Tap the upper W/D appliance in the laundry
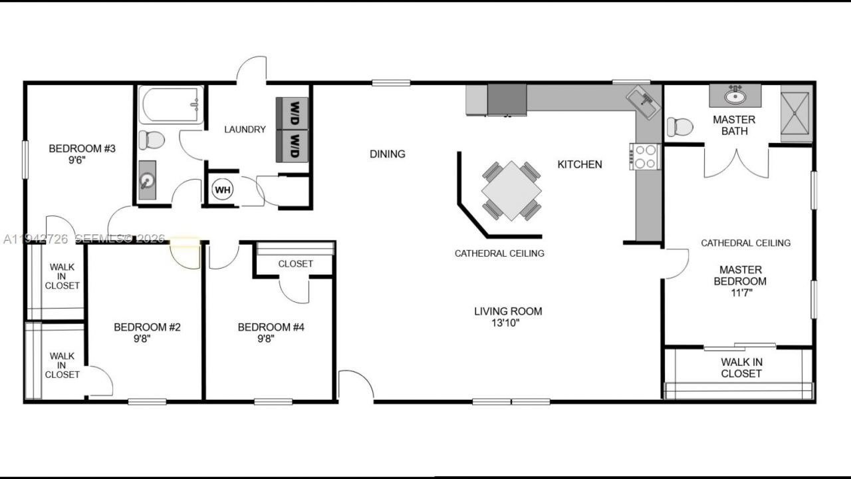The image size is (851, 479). [293, 113]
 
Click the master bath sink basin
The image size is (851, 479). [735, 96]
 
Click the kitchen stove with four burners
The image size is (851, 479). [644, 157]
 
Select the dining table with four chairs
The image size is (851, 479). [511, 190]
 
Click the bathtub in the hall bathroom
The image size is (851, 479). [171, 105]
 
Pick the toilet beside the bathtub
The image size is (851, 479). [152, 140]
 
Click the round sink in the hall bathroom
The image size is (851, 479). [147, 180]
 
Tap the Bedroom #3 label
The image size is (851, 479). [82, 148]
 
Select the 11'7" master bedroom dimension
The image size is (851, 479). [740, 293]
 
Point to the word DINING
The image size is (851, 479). [388, 154]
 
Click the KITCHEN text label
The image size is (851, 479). [580, 164]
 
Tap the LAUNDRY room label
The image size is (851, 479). [245, 130]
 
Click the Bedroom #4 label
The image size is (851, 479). [271, 327]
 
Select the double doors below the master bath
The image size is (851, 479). [737, 164]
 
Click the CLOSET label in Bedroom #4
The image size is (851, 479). [295, 264]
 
